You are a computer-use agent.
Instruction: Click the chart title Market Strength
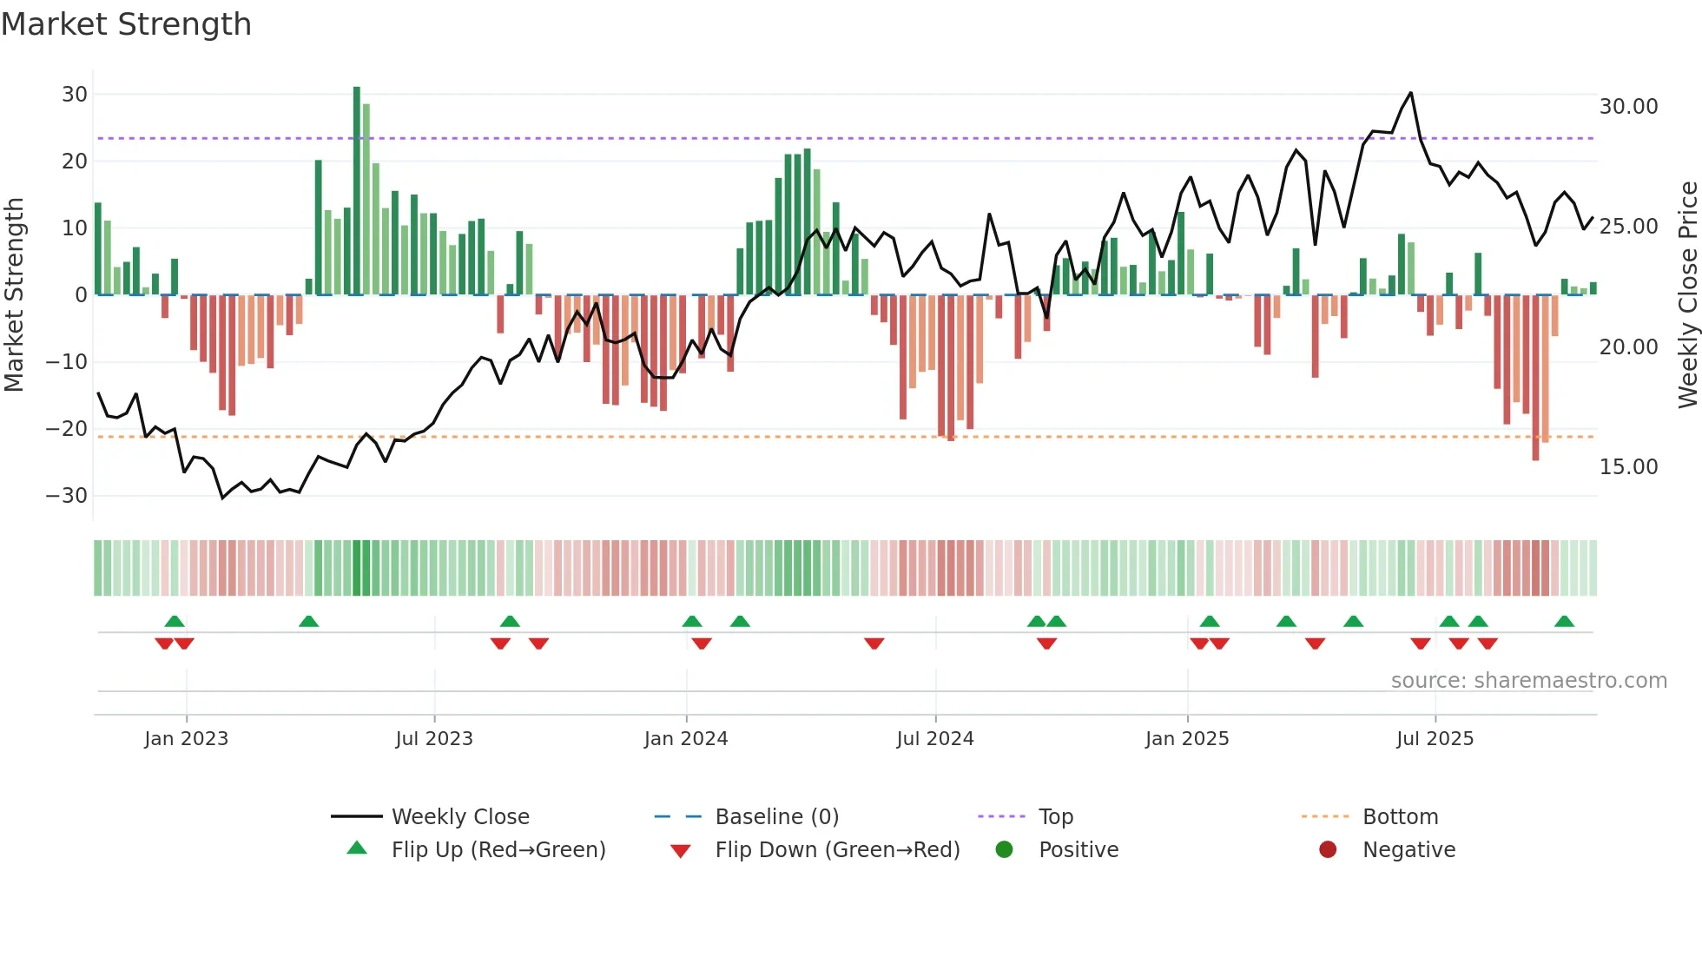(x=126, y=24)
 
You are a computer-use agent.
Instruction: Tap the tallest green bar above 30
(x=357, y=191)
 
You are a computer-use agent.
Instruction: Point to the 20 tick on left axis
(x=75, y=162)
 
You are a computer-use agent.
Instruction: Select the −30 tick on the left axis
(x=67, y=496)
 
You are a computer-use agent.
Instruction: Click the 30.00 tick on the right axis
(x=1628, y=107)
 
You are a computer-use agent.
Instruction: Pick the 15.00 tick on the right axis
(x=1628, y=467)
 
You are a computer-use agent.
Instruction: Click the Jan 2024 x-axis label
(x=686, y=739)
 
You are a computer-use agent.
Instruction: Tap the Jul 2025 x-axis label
(x=1435, y=739)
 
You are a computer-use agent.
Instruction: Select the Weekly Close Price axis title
(x=1687, y=295)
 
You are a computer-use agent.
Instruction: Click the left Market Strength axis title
(x=14, y=295)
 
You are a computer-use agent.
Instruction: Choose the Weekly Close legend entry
(x=459, y=817)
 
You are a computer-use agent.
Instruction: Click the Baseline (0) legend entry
(x=776, y=817)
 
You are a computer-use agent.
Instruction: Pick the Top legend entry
(x=1055, y=817)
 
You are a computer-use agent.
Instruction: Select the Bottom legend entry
(x=1400, y=817)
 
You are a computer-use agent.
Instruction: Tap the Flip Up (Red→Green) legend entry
(x=498, y=850)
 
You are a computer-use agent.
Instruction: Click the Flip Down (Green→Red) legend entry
(x=836, y=850)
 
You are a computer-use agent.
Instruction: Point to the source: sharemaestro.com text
(x=1528, y=681)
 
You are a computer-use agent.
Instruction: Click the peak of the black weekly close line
(x=1410, y=93)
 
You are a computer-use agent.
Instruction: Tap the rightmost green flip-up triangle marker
(x=1564, y=622)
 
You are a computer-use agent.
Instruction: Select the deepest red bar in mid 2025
(x=1535, y=378)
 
